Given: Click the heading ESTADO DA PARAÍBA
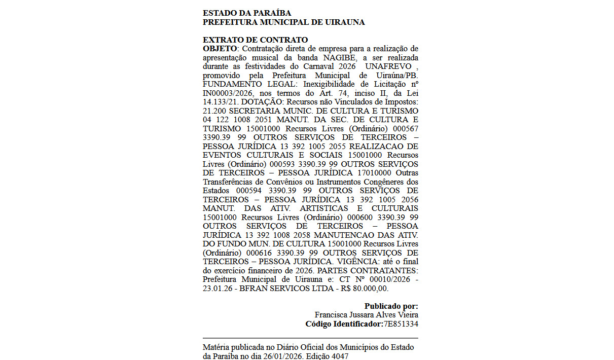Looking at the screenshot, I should [247, 13].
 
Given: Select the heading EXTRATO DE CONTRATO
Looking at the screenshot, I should [255, 40].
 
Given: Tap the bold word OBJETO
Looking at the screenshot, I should [220, 49].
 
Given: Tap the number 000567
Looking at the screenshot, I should [405, 128].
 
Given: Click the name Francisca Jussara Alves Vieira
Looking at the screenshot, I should [366, 315].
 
